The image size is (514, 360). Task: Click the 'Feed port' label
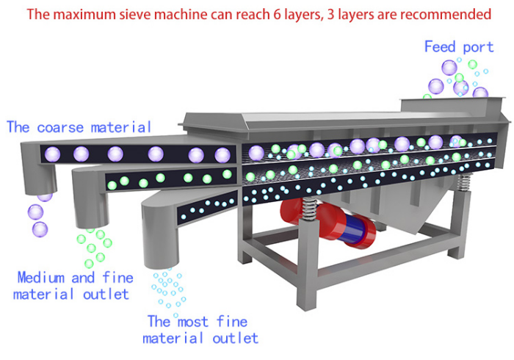(x=459, y=47)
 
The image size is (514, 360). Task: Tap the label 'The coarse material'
(x=79, y=127)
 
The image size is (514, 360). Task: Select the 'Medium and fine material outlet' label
(x=73, y=286)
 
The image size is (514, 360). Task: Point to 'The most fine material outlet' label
(x=200, y=330)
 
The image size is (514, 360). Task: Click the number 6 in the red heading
(x=278, y=15)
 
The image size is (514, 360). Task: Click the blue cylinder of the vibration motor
(x=355, y=228)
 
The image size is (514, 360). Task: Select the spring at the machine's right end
(x=463, y=183)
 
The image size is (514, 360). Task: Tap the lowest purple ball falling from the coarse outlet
(x=40, y=229)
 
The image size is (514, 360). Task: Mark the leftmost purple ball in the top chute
(x=52, y=154)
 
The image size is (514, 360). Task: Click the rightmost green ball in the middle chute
(x=227, y=174)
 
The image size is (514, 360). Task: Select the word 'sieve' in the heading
(x=134, y=15)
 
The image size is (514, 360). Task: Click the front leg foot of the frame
(x=307, y=303)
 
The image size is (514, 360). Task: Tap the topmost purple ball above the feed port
(x=449, y=68)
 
